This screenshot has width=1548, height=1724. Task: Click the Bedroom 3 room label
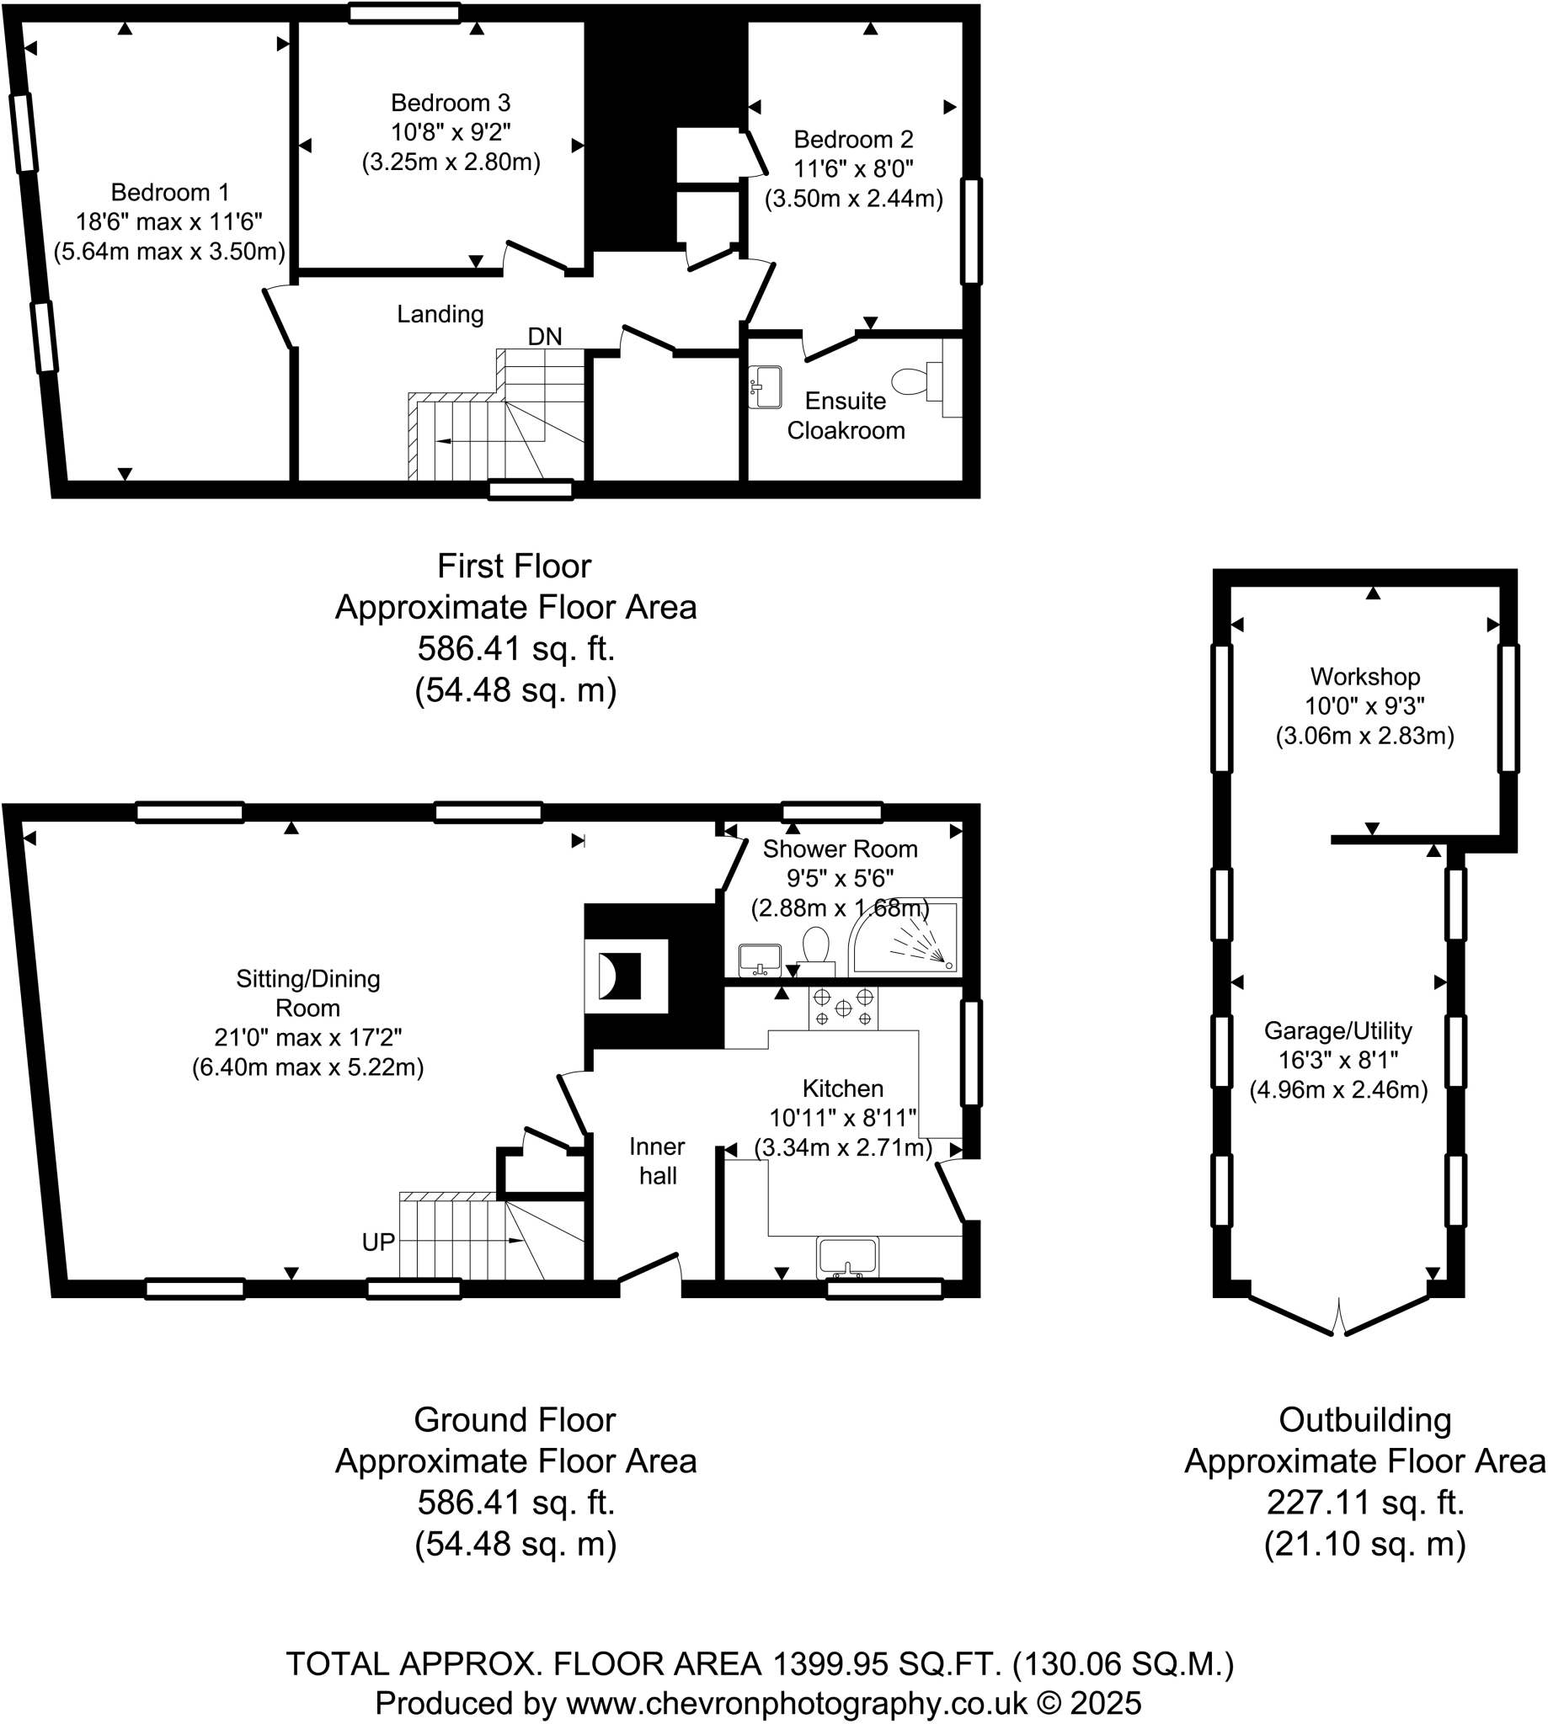[x=450, y=103]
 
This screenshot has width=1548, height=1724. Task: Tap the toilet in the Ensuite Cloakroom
[x=915, y=381]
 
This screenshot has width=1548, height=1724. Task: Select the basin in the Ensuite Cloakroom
[x=766, y=386]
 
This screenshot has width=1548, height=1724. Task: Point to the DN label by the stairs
[x=544, y=337]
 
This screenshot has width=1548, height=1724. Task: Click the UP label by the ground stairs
[x=377, y=1242]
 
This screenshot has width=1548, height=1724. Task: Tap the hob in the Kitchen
[x=843, y=1008]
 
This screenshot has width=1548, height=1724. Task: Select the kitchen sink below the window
[x=847, y=1258]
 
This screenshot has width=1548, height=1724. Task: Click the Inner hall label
[x=658, y=1161]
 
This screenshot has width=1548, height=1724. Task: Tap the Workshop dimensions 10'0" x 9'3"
[x=1364, y=705]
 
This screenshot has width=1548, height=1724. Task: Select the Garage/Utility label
[x=1338, y=1030]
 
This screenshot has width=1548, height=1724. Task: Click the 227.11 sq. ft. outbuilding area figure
[x=1364, y=1502]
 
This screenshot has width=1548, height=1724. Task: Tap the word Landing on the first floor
[x=440, y=315]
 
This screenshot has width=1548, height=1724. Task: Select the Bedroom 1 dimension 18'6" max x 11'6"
[x=169, y=222]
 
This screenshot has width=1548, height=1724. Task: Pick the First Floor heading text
[x=514, y=567]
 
